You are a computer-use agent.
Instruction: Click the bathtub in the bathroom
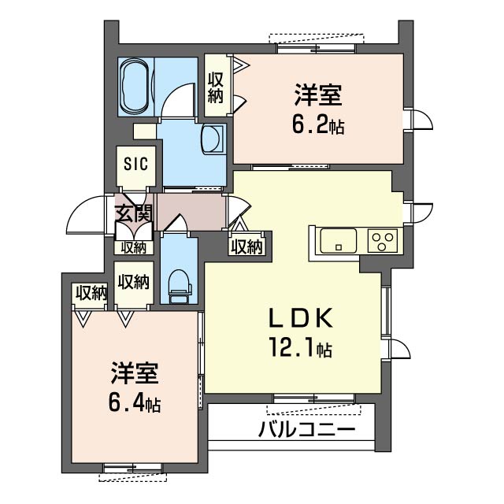(135, 86)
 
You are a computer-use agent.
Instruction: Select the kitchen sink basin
(339, 240)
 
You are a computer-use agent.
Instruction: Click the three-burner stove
(383, 240)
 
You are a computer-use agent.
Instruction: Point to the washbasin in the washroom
(212, 139)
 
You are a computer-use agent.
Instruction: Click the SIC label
(136, 164)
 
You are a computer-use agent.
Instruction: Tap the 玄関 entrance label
(133, 213)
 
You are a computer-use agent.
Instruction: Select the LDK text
(301, 317)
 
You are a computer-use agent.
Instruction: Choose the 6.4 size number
(128, 402)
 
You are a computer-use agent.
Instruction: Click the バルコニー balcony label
(306, 429)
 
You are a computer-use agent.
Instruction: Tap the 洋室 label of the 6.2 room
(318, 95)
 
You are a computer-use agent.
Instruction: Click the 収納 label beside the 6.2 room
(215, 87)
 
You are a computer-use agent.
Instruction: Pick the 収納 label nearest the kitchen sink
(247, 247)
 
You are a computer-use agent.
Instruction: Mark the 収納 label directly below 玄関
(133, 247)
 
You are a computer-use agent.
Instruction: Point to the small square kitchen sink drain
(338, 247)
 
